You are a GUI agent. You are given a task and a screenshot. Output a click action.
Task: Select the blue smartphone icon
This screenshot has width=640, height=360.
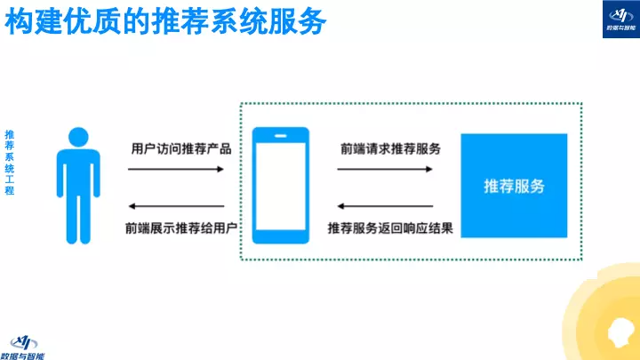(280, 185)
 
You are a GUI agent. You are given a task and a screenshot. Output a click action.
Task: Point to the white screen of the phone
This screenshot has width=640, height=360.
(280, 186)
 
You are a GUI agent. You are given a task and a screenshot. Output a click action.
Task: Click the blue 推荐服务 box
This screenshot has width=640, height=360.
(514, 185)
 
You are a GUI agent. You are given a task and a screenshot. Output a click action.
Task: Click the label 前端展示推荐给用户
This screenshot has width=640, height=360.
(180, 228)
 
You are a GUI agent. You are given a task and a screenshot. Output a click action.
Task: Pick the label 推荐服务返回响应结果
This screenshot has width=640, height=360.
(390, 228)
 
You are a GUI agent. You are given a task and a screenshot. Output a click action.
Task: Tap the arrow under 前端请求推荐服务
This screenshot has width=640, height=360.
(386, 169)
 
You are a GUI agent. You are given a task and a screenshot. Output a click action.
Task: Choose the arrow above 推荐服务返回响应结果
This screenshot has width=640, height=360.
(386, 206)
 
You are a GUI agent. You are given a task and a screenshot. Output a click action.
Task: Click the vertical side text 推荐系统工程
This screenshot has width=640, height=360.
(10, 162)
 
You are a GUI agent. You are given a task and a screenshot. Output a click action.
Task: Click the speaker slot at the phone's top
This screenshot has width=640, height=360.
(280, 137)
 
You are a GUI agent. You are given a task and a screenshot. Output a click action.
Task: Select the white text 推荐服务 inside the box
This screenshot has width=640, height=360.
(514, 186)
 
